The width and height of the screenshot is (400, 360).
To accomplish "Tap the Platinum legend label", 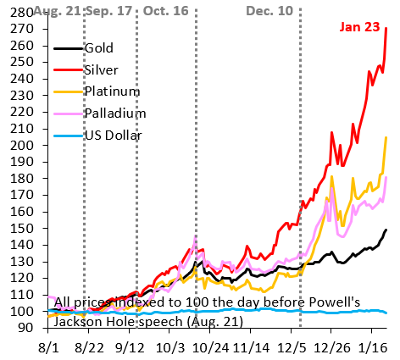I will coord(111,91).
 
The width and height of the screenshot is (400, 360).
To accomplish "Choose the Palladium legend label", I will coord(115,113).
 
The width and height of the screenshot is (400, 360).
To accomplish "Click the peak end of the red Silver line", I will coord(386,28).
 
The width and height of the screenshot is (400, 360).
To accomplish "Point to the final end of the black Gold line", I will coord(386,230).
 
